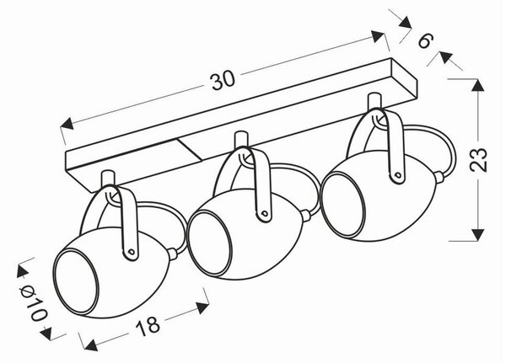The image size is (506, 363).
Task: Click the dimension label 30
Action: pos(223,80)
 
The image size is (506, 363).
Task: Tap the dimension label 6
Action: pos(425,40)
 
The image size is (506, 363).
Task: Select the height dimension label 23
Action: pos(478,159)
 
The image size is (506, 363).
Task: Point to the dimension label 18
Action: pos(148,325)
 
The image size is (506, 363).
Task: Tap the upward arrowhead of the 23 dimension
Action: pos(478,85)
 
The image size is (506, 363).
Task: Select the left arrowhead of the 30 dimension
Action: pos(67,124)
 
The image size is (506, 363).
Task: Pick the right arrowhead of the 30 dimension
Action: pos(378,36)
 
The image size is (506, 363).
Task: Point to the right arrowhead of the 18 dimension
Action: pos(202,307)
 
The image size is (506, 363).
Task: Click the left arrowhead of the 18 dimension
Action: pos(90,345)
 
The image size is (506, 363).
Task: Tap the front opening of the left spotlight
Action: pos(76,281)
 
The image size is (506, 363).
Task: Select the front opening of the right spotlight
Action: pos(342,206)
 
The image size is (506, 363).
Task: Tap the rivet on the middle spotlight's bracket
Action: pos(265,213)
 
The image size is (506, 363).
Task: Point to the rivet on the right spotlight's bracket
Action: pos(398,176)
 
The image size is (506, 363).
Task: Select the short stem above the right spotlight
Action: pos(374,103)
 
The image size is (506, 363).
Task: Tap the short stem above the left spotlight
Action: pos(108,179)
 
